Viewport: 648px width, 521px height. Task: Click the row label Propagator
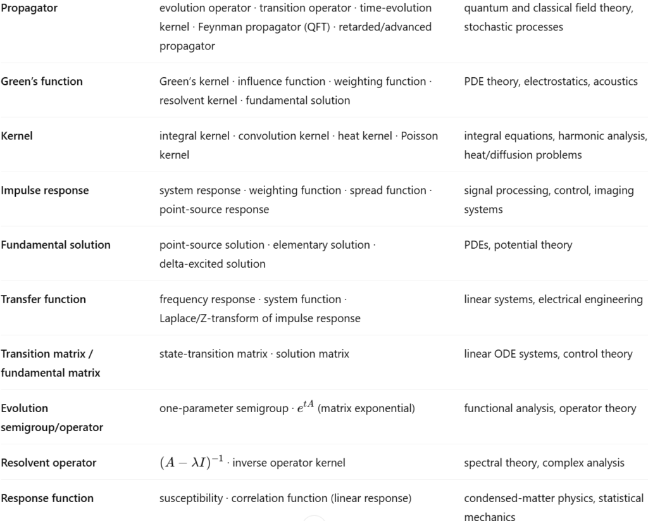coord(29,8)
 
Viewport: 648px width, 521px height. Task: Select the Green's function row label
coord(42,81)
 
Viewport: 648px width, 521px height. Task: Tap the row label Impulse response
coord(45,191)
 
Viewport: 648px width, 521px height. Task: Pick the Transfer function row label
coord(44,299)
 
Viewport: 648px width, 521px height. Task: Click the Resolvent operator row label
coord(49,463)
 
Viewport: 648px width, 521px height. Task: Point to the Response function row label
coord(47,498)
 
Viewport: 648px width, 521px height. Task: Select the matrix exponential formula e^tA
coord(306,408)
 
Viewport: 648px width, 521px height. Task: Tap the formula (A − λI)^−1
coord(191,462)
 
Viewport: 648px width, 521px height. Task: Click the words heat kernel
coord(365,136)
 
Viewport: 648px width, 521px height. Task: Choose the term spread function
coord(388,191)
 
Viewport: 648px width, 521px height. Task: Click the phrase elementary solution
coord(321,245)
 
